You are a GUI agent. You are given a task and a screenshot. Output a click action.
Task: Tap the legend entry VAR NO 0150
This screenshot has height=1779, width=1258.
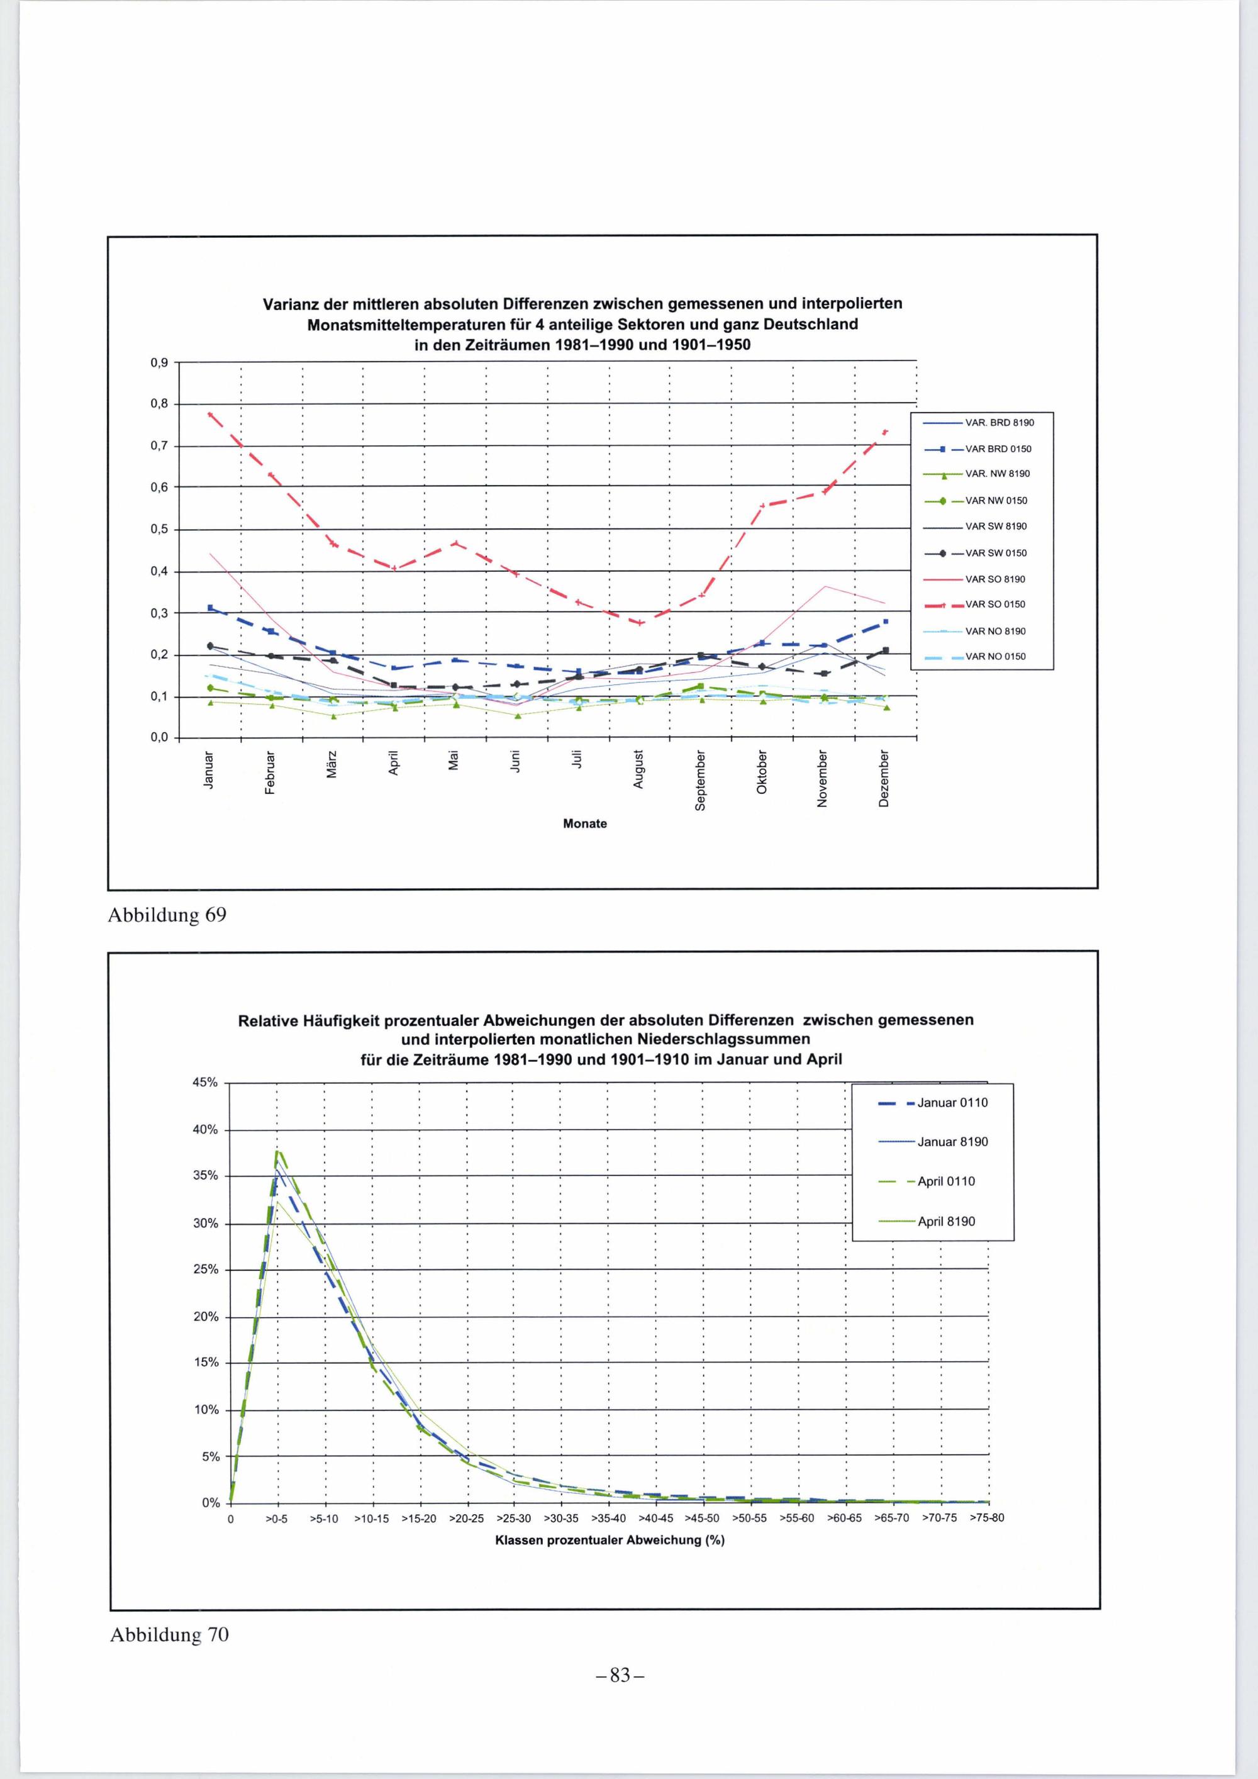click(996, 656)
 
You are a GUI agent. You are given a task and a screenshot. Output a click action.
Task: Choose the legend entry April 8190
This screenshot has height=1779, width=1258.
click(946, 1222)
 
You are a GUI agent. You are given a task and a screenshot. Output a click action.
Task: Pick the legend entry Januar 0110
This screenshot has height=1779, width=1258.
click(952, 1103)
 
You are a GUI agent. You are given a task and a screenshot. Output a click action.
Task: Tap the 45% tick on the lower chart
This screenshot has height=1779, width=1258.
click(206, 1083)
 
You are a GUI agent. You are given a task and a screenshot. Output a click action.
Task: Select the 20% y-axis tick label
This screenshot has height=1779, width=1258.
click(206, 1317)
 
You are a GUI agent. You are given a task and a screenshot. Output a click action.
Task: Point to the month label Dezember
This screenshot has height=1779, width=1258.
click(884, 778)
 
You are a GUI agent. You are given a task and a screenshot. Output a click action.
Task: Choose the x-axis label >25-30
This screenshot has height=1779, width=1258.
click(514, 1519)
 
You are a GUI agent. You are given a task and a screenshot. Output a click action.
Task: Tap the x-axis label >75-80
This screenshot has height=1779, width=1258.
click(987, 1518)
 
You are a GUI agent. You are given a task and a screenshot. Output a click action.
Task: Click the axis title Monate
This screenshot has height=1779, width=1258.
click(585, 823)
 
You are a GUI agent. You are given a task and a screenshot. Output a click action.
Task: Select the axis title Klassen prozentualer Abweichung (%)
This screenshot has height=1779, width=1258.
click(610, 1541)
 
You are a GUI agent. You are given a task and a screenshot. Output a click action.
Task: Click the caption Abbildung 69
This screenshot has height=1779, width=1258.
click(167, 915)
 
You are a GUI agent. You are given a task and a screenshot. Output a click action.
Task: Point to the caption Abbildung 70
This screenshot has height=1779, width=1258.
click(170, 1635)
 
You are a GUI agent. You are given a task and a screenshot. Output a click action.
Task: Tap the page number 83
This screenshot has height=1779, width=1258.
click(620, 1676)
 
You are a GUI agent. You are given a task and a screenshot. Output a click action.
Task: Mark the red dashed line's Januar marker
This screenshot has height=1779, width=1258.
click(210, 415)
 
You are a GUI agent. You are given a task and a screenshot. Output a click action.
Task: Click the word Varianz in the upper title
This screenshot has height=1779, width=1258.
click(288, 303)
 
